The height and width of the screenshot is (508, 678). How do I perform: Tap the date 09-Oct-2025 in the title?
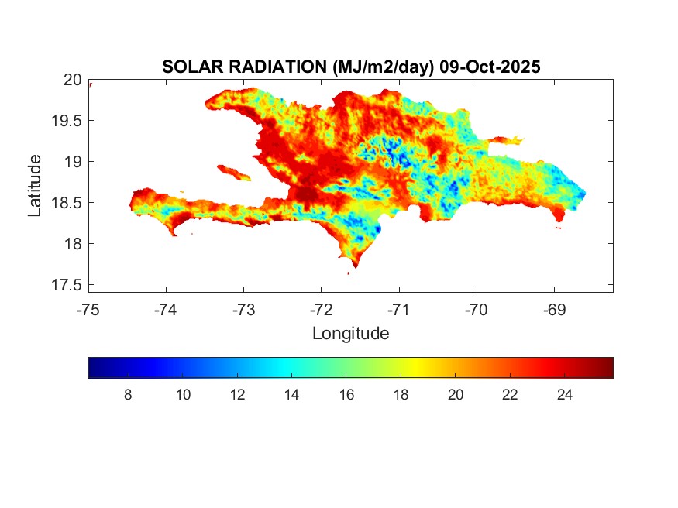pos(489,67)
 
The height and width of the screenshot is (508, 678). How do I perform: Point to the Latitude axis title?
pos(35,185)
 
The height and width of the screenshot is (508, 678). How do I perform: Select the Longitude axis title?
pos(350,334)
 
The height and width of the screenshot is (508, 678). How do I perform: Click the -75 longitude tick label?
pos(88,311)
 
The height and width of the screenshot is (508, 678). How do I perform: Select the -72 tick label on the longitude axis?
pos(321,311)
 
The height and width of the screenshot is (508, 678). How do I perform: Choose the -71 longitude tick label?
pos(398,311)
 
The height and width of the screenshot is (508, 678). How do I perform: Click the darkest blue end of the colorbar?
pos(92,368)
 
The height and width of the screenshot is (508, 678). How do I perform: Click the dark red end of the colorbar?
pos(610,368)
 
